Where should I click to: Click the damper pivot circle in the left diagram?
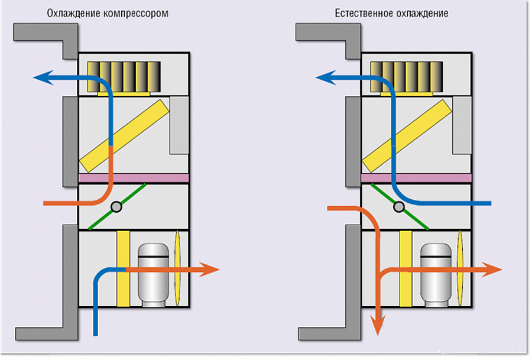pyautogui.click(x=116, y=206)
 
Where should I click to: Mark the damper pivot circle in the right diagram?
pyautogui.click(x=400, y=206)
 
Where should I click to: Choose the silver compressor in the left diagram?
pyautogui.click(x=153, y=273)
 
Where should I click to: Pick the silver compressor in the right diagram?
pyautogui.click(x=436, y=273)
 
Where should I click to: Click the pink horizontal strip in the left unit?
pyautogui.click(x=134, y=177)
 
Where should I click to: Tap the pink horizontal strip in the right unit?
pyautogui.click(x=416, y=177)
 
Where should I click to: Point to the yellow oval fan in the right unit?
pyautogui.click(x=461, y=269)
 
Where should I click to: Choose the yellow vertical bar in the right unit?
pyautogui.click(x=406, y=269)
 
